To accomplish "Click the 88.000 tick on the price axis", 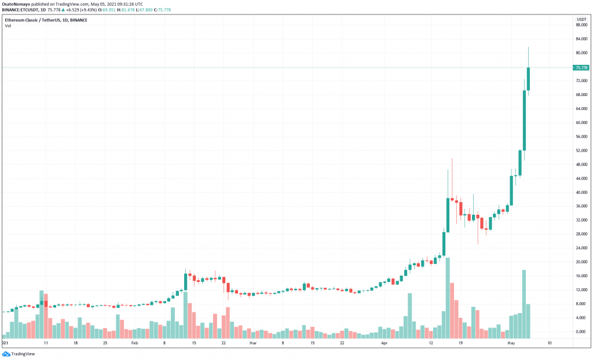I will [581, 25].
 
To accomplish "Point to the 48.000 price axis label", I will [581, 164].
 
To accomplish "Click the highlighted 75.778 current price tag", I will [581, 68].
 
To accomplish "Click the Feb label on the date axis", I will [134, 343].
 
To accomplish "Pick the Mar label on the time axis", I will [252, 343].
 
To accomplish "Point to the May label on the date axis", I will [511, 343].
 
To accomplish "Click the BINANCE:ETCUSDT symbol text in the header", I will [21, 10].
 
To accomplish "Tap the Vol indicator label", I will [8, 26].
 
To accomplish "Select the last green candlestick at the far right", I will [528, 79].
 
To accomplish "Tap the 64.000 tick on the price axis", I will [581, 109].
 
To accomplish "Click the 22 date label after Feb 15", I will [224, 343].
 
